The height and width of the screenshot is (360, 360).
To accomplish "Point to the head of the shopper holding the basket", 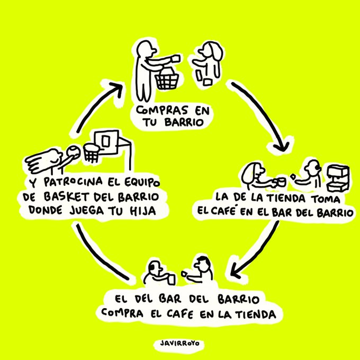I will click(x=144, y=50).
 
